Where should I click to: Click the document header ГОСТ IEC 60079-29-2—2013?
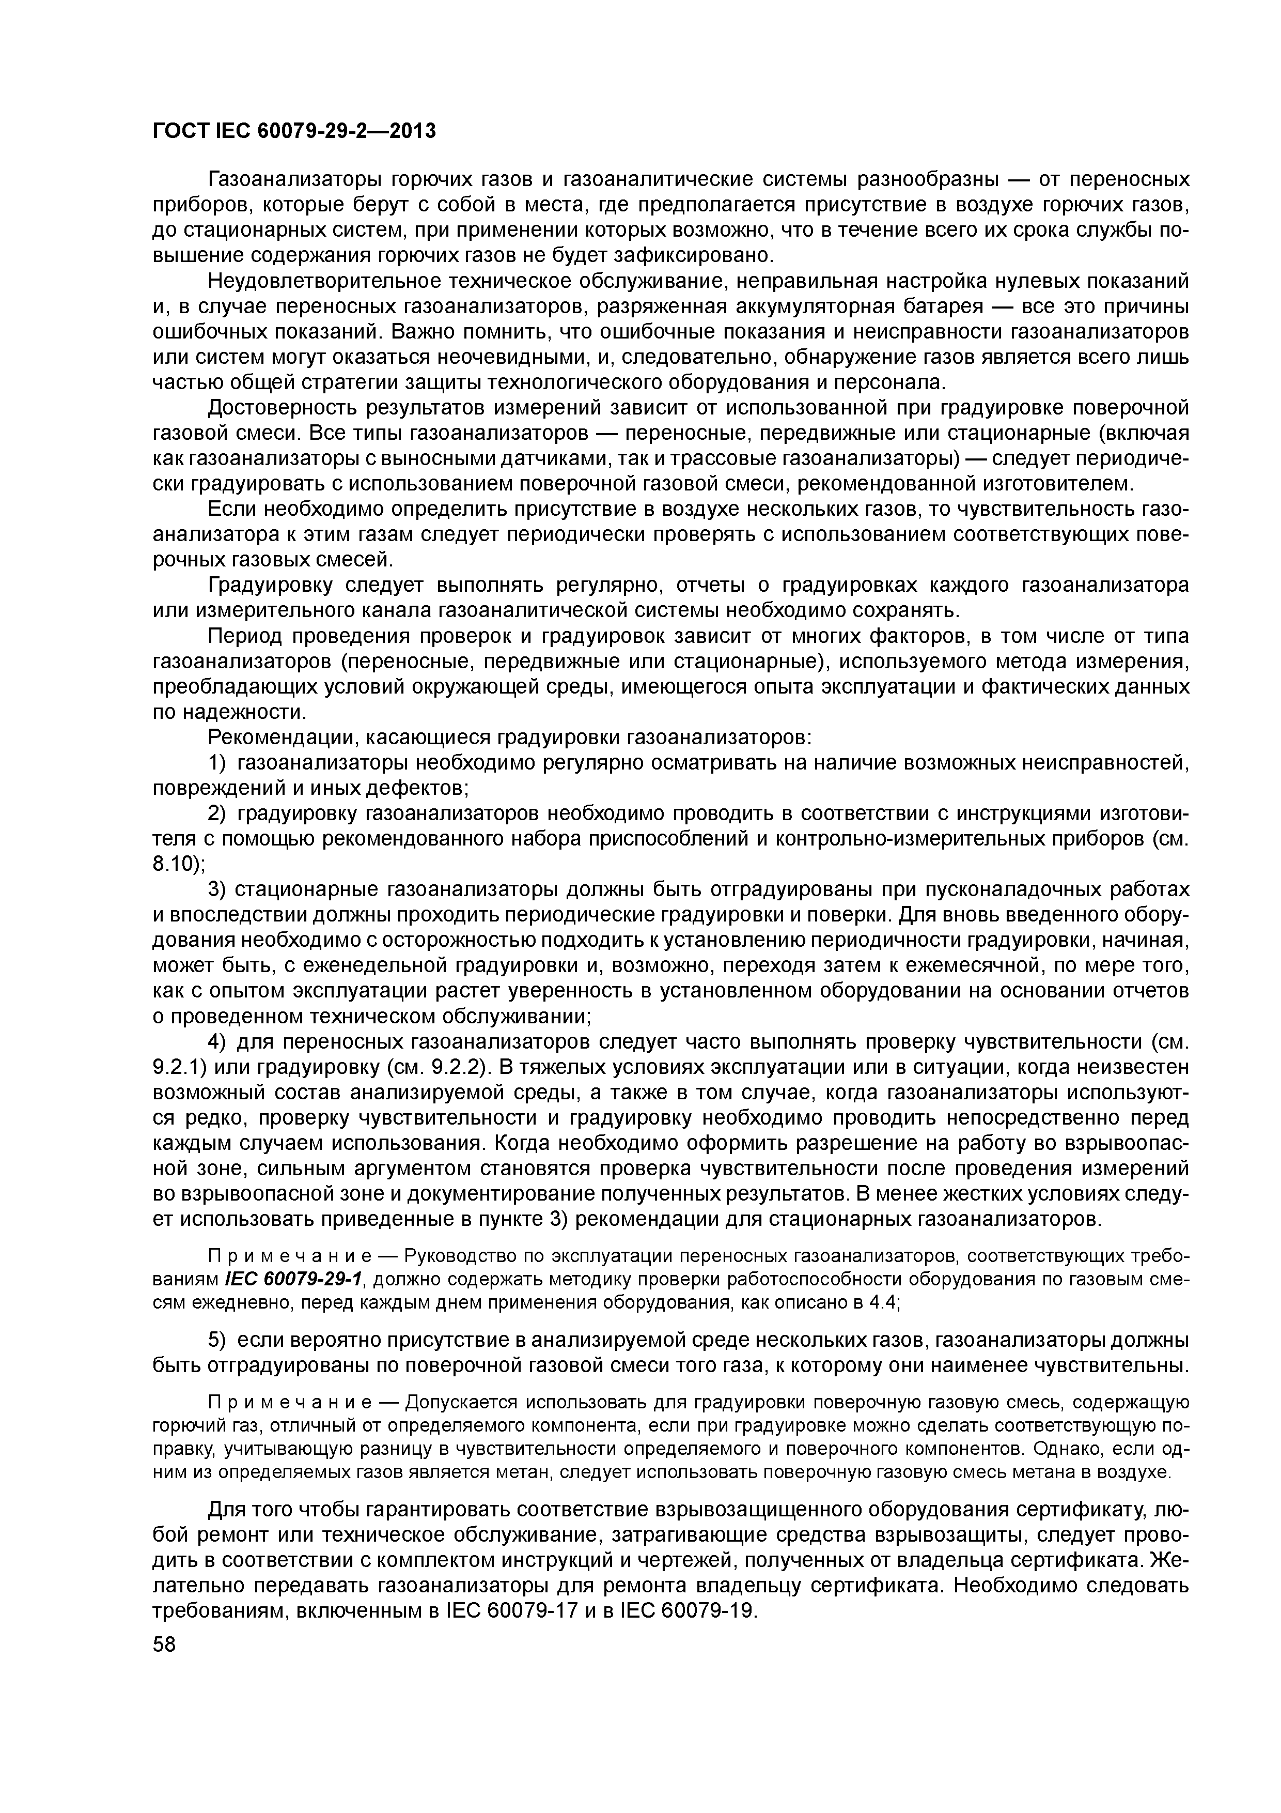pos(293,131)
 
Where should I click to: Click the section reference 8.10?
pos(175,864)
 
